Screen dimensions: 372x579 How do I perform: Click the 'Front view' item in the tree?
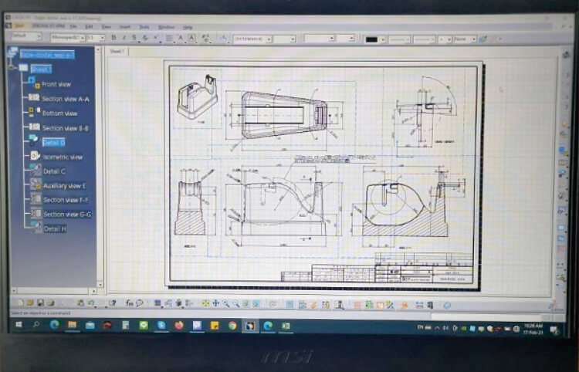(56, 84)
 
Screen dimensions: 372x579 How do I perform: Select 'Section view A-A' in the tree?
(65, 99)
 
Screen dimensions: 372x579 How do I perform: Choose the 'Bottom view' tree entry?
(59, 113)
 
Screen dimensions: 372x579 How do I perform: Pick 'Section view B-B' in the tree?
(65, 128)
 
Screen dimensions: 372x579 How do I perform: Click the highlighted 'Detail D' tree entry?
(53, 143)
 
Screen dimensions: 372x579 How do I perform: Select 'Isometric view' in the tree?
(62, 157)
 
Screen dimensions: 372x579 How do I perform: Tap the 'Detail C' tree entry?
(54, 171)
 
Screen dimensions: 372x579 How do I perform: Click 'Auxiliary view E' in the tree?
(64, 186)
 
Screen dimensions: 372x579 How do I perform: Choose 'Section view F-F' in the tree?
(66, 200)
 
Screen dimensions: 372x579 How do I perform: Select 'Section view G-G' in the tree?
(67, 215)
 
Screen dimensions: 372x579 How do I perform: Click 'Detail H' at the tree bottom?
(54, 229)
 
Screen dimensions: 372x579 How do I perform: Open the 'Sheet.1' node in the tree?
(41, 69)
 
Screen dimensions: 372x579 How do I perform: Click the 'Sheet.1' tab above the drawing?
(117, 51)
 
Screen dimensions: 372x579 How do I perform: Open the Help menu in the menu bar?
(188, 27)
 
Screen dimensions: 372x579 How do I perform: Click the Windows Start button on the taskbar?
(17, 326)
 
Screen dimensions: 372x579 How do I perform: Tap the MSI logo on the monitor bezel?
(289, 356)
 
